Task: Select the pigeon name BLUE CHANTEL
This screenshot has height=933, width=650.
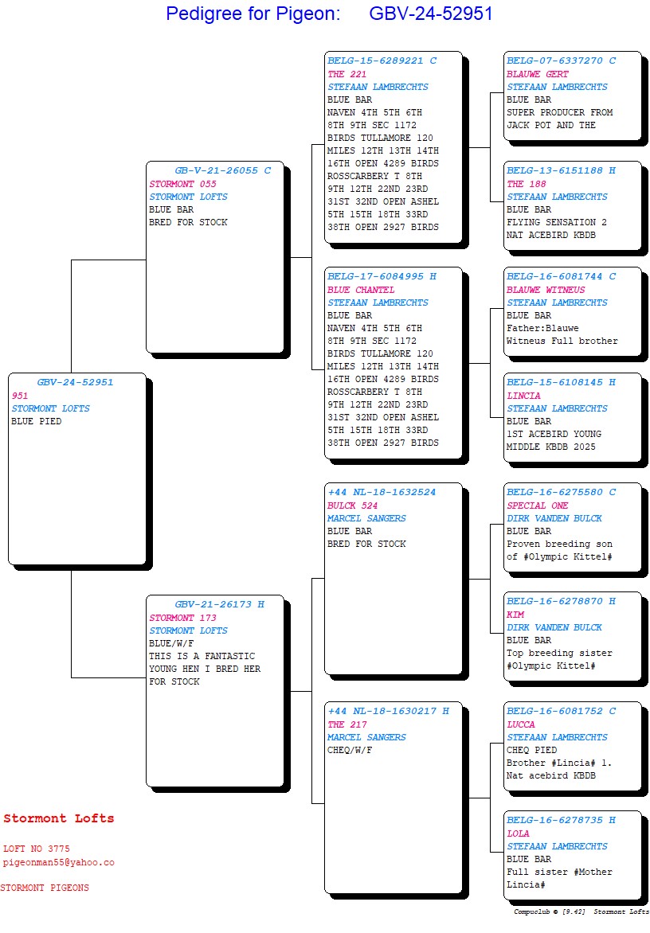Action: (x=361, y=290)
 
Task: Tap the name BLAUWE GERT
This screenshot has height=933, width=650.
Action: (x=538, y=74)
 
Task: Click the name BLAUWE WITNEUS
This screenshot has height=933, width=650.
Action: (x=546, y=290)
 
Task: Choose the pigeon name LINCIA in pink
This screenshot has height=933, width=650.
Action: (x=523, y=396)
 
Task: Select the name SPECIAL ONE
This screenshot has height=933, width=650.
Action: (x=538, y=506)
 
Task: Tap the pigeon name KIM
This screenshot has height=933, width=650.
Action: (x=515, y=615)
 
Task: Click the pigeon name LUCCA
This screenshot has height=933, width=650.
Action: (x=521, y=724)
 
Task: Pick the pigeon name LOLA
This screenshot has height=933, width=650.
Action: (x=518, y=833)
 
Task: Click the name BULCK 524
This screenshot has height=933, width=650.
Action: (x=353, y=506)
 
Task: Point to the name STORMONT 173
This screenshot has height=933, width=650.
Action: (x=183, y=618)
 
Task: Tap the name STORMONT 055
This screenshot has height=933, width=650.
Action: (x=183, y=184)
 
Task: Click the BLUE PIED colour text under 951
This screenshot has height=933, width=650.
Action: (x=37, y=421)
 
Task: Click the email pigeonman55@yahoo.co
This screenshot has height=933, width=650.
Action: (x=59, y=862)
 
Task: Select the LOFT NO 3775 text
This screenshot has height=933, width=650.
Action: (x=37, y=849)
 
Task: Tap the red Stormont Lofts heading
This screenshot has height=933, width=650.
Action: (x=59, y=818)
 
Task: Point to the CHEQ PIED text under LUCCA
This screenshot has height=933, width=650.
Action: (x=532, y=750)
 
